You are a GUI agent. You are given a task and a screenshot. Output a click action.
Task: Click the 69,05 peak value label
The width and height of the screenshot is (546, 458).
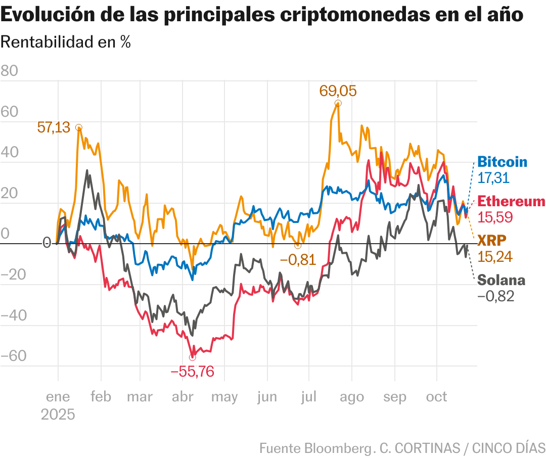tap(338, 91)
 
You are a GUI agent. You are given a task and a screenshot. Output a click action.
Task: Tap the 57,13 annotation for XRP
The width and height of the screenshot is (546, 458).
tap(54, 127)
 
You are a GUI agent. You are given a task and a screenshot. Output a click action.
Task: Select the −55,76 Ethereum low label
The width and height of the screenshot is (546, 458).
tap(192, 372)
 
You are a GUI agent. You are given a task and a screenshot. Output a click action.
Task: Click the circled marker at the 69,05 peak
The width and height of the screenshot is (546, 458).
tap(338, 103)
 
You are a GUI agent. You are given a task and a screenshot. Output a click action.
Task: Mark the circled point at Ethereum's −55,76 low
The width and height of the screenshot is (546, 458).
tap(192, 357)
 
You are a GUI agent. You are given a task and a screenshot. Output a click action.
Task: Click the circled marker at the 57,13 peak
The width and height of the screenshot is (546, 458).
tap(79, 127)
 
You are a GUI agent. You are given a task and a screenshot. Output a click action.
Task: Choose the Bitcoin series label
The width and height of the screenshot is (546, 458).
tap(502, 162)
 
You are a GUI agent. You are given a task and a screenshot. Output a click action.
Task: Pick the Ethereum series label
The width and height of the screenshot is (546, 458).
tap(511, 201)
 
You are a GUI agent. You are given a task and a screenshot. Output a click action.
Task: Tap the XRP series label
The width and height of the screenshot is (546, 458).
tap(491, 240)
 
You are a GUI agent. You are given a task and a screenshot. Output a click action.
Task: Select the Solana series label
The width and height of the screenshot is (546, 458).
tap(501, 280)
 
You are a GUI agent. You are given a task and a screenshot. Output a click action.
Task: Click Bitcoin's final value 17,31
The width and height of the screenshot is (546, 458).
tap(493, 178)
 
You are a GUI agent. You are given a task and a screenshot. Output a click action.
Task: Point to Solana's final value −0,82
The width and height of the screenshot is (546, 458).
tap(495, 296)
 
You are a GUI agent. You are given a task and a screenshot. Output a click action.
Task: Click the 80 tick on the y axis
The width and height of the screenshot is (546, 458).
tap(9, 71)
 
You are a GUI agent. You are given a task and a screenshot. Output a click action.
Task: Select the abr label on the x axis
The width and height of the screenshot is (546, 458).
tap(183, 397)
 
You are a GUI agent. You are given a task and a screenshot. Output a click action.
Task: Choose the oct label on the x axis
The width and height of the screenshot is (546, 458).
tap(436, 397)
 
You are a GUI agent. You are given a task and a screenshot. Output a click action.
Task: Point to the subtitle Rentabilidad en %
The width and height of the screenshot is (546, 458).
tap(66, 42)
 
